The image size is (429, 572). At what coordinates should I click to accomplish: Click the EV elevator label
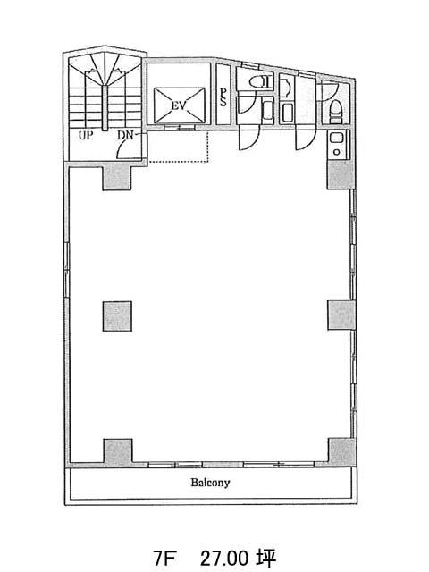[x=179, y=105]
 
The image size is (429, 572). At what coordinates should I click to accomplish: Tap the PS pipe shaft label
[x=223, y=97]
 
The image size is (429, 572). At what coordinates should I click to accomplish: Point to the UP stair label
[x=86, y=136]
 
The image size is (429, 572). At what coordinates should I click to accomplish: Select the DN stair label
[x=125, y=136]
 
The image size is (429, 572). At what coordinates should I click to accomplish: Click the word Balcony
[x=211, y=483]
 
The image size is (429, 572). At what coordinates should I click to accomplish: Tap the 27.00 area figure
[x=224, y=558]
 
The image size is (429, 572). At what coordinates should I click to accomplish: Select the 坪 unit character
[x=266, y=558]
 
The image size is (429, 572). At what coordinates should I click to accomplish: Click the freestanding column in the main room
[x=117, y=315]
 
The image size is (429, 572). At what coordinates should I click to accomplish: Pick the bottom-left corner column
[x=117, y=451]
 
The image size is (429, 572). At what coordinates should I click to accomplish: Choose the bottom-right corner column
[x=341, y=450]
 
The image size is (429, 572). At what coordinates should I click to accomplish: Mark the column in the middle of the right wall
[x=341, y=315]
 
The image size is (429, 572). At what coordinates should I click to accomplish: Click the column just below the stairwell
[x=117, y=177]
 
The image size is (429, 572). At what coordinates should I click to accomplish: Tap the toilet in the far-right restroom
[x=335, y=110]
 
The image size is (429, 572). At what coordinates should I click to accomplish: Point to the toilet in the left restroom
[x=261, y=81]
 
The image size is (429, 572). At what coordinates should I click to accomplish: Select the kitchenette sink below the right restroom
[x=336, y=144]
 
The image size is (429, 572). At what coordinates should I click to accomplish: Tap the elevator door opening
[x=179, y=128]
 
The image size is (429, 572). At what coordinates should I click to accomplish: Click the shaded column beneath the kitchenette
[x=341, y=175]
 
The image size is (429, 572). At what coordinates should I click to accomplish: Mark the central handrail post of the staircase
[x=105, y=108]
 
